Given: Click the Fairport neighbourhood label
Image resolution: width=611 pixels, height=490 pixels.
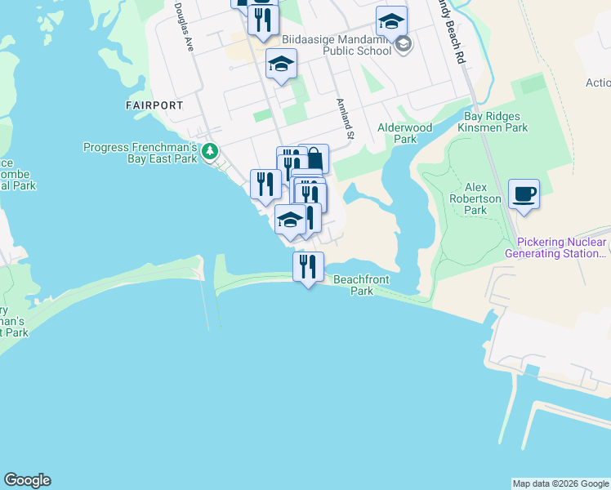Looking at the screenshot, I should click(154, 105).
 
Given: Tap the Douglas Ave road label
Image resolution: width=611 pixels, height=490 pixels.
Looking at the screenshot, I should click(183, 27).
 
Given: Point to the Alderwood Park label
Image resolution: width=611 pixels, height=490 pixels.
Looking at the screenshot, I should click(404, 133).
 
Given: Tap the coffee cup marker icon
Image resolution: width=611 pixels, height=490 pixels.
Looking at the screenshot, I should click(524, 194).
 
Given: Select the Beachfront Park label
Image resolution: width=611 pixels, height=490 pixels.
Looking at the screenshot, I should click(361, 285).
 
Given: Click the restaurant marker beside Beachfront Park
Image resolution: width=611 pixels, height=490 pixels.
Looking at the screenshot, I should click(308, 266).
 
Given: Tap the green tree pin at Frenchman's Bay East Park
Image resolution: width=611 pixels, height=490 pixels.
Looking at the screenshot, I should click(210, 151).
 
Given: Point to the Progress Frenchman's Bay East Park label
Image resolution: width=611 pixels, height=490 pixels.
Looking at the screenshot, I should click(140, 153).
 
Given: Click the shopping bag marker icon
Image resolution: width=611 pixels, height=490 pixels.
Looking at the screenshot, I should click(314, 158).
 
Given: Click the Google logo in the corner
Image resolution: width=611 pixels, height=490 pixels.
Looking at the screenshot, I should click(27, 480).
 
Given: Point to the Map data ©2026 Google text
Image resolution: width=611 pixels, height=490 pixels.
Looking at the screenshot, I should click(560, 483).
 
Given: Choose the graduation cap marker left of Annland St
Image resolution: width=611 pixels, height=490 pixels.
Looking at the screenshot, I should click(281, 64).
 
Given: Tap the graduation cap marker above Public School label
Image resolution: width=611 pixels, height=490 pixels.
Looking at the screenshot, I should click(391, 21).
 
